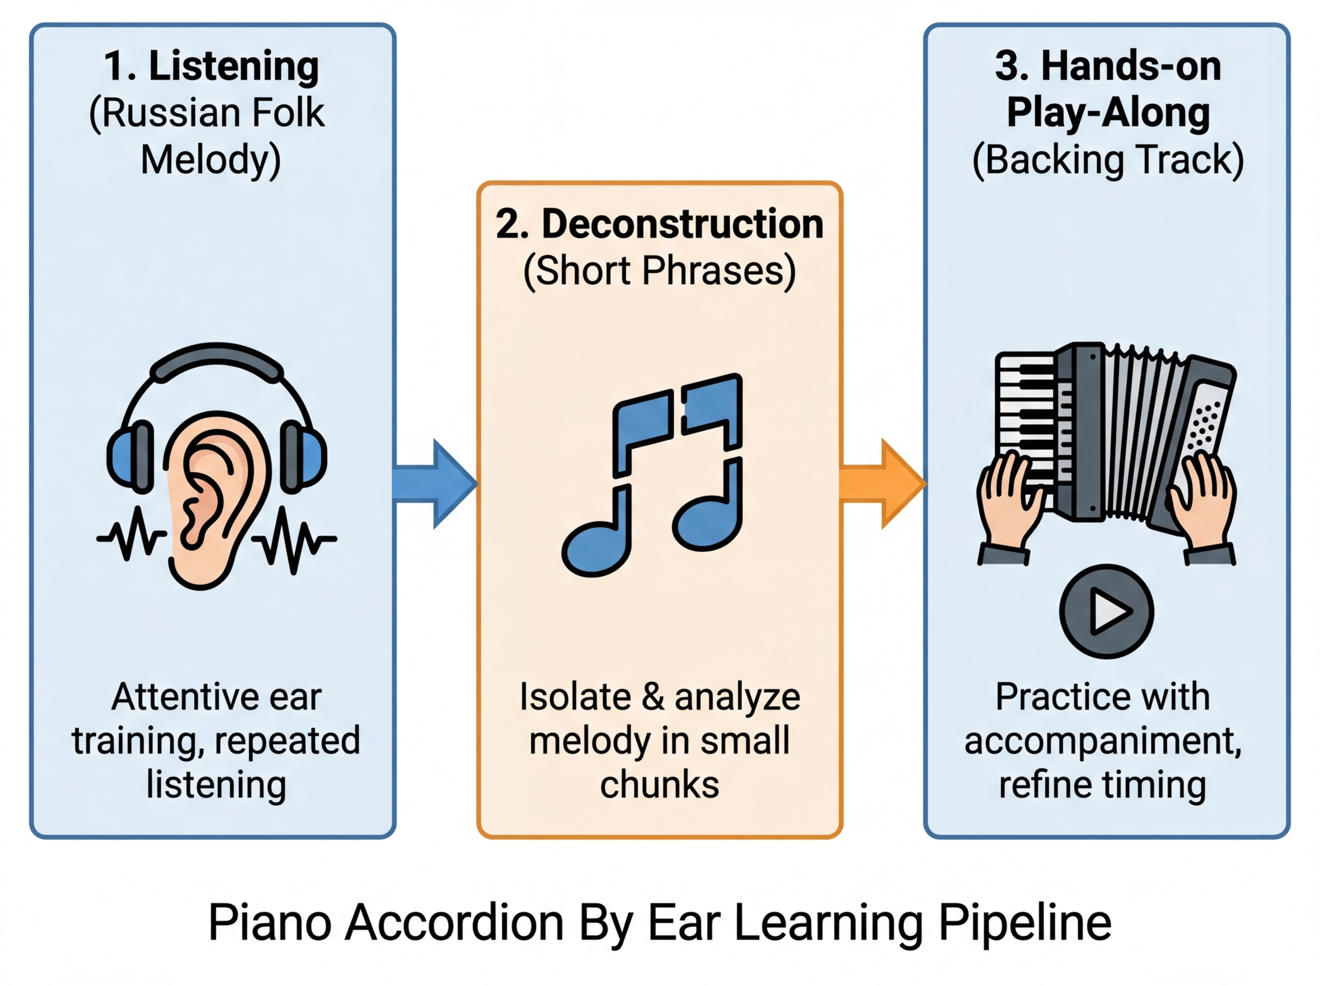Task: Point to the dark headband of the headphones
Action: pyautogui.click(x=216, y=361)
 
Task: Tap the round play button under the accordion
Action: pyautogui.click(x=1107, y=611)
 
